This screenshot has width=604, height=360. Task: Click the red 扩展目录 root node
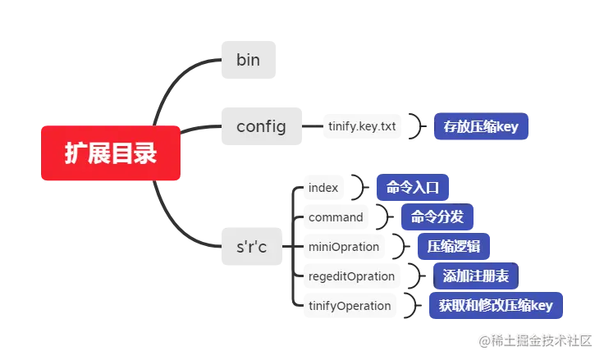[111, 154]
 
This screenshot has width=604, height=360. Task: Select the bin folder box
[245, 59]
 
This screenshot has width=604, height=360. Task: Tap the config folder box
[260, 126]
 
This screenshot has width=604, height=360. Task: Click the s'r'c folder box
[250, 245]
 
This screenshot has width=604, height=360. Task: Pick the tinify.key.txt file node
[362, 127]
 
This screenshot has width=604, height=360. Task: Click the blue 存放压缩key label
[483, 127]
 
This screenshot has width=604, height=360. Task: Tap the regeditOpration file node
[351, 276]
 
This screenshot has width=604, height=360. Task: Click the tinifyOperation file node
[349, 306]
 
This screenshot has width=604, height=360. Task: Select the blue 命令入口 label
[413, 187]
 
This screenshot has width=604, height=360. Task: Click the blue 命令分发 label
[437, 216]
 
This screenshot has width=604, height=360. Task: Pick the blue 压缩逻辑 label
[454, 246]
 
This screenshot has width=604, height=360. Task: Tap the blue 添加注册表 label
[476, 276]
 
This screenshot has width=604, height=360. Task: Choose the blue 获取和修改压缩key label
[496, 305]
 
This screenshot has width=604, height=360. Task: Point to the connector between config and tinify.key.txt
[311, 127]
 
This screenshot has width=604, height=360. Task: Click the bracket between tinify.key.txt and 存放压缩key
[419, 127]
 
